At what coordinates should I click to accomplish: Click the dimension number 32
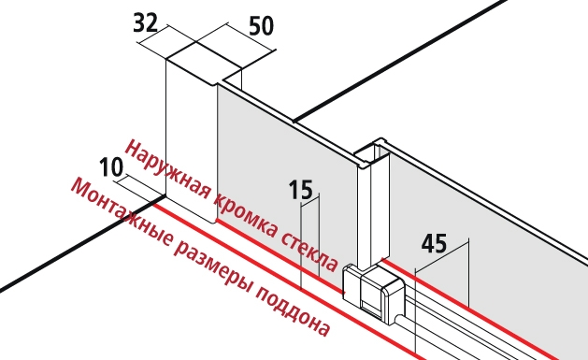tap(146, 23)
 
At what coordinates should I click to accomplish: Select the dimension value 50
tap(262, 26)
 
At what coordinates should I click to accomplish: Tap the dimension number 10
tap(111, 167)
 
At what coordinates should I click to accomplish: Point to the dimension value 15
tap(301, 190)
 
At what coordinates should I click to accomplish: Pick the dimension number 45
tap(435, 243)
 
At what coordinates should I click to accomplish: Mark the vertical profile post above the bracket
tap(373, 207)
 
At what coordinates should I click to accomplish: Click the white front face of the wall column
tap(192, 140)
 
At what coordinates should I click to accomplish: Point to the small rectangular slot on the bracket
tap(370, 307)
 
